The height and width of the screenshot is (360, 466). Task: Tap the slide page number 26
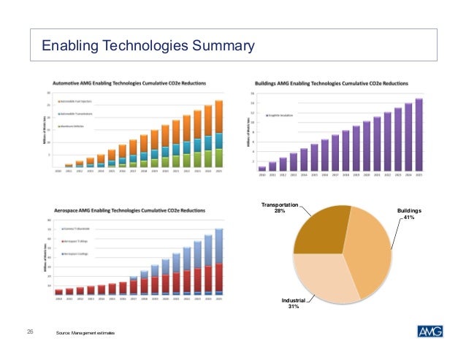pos(31,332)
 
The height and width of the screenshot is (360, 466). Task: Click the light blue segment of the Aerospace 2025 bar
pos(218,245)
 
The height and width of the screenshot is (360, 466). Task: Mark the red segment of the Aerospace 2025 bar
pos(218,277)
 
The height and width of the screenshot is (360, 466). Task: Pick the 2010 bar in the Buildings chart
pos(262,168)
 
